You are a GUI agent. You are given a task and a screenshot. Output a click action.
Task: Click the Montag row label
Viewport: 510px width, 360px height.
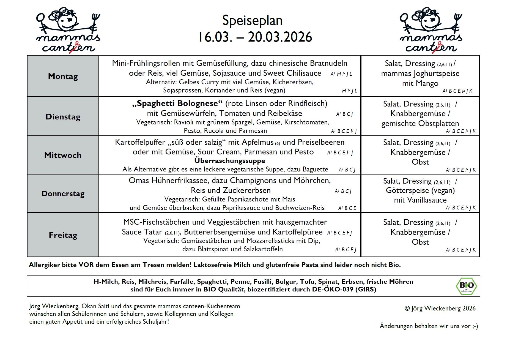click(x=63, y=76)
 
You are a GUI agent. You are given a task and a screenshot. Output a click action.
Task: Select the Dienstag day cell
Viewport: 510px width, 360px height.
click(x=63, y=117)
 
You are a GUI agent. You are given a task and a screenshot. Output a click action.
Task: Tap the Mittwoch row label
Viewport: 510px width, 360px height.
click(x=63, y=155)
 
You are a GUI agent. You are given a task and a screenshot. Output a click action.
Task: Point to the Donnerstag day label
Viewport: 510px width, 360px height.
click(x=63, y=194)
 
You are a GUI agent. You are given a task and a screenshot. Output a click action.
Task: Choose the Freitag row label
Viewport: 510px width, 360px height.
click(x=63, y=235)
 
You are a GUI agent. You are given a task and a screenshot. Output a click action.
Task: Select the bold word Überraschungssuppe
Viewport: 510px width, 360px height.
click(x=230, y=161)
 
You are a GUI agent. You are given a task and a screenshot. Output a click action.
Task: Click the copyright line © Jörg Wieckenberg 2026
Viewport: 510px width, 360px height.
click(x=440, y=309)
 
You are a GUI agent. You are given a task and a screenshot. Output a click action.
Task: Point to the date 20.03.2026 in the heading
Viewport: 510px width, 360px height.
click(x=280, y=37)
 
